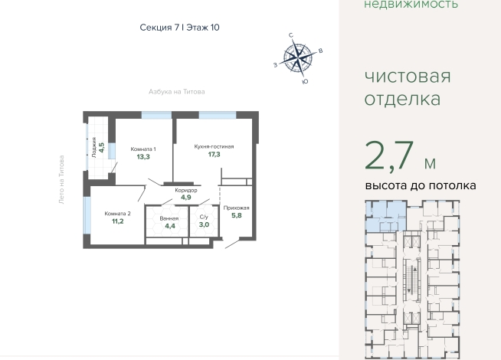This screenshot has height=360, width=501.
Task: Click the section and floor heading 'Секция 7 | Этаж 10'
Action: [179, 28]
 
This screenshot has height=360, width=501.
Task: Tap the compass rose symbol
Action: [298, 58]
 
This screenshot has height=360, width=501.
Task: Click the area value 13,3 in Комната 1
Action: [143, 157]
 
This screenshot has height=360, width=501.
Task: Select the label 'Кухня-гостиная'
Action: [214, 146]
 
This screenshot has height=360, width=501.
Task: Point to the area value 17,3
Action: [214, 155]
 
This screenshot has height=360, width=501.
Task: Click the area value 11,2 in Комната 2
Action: [117, 221]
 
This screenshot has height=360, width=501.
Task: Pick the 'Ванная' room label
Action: [169, 219]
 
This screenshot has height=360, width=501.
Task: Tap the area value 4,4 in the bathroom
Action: [170, 226]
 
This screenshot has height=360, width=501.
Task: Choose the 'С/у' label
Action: [204, 217]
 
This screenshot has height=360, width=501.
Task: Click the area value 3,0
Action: [204, 224]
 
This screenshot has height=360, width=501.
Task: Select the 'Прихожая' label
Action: [237, 208]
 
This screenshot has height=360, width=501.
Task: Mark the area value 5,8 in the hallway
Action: [237, 215]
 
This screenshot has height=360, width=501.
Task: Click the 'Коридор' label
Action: [186, 190]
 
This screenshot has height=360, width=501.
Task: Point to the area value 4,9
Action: [186, 198]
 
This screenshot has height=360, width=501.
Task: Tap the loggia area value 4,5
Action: [101, 147]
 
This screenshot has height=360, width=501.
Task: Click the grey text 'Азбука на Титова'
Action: [177, 92]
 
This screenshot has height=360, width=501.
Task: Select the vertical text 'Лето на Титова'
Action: [61, 179]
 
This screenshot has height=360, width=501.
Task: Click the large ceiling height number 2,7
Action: [389, 156]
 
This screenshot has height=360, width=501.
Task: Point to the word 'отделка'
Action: [402, 99]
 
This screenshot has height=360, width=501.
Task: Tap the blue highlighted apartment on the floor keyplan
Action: [385, 216]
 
